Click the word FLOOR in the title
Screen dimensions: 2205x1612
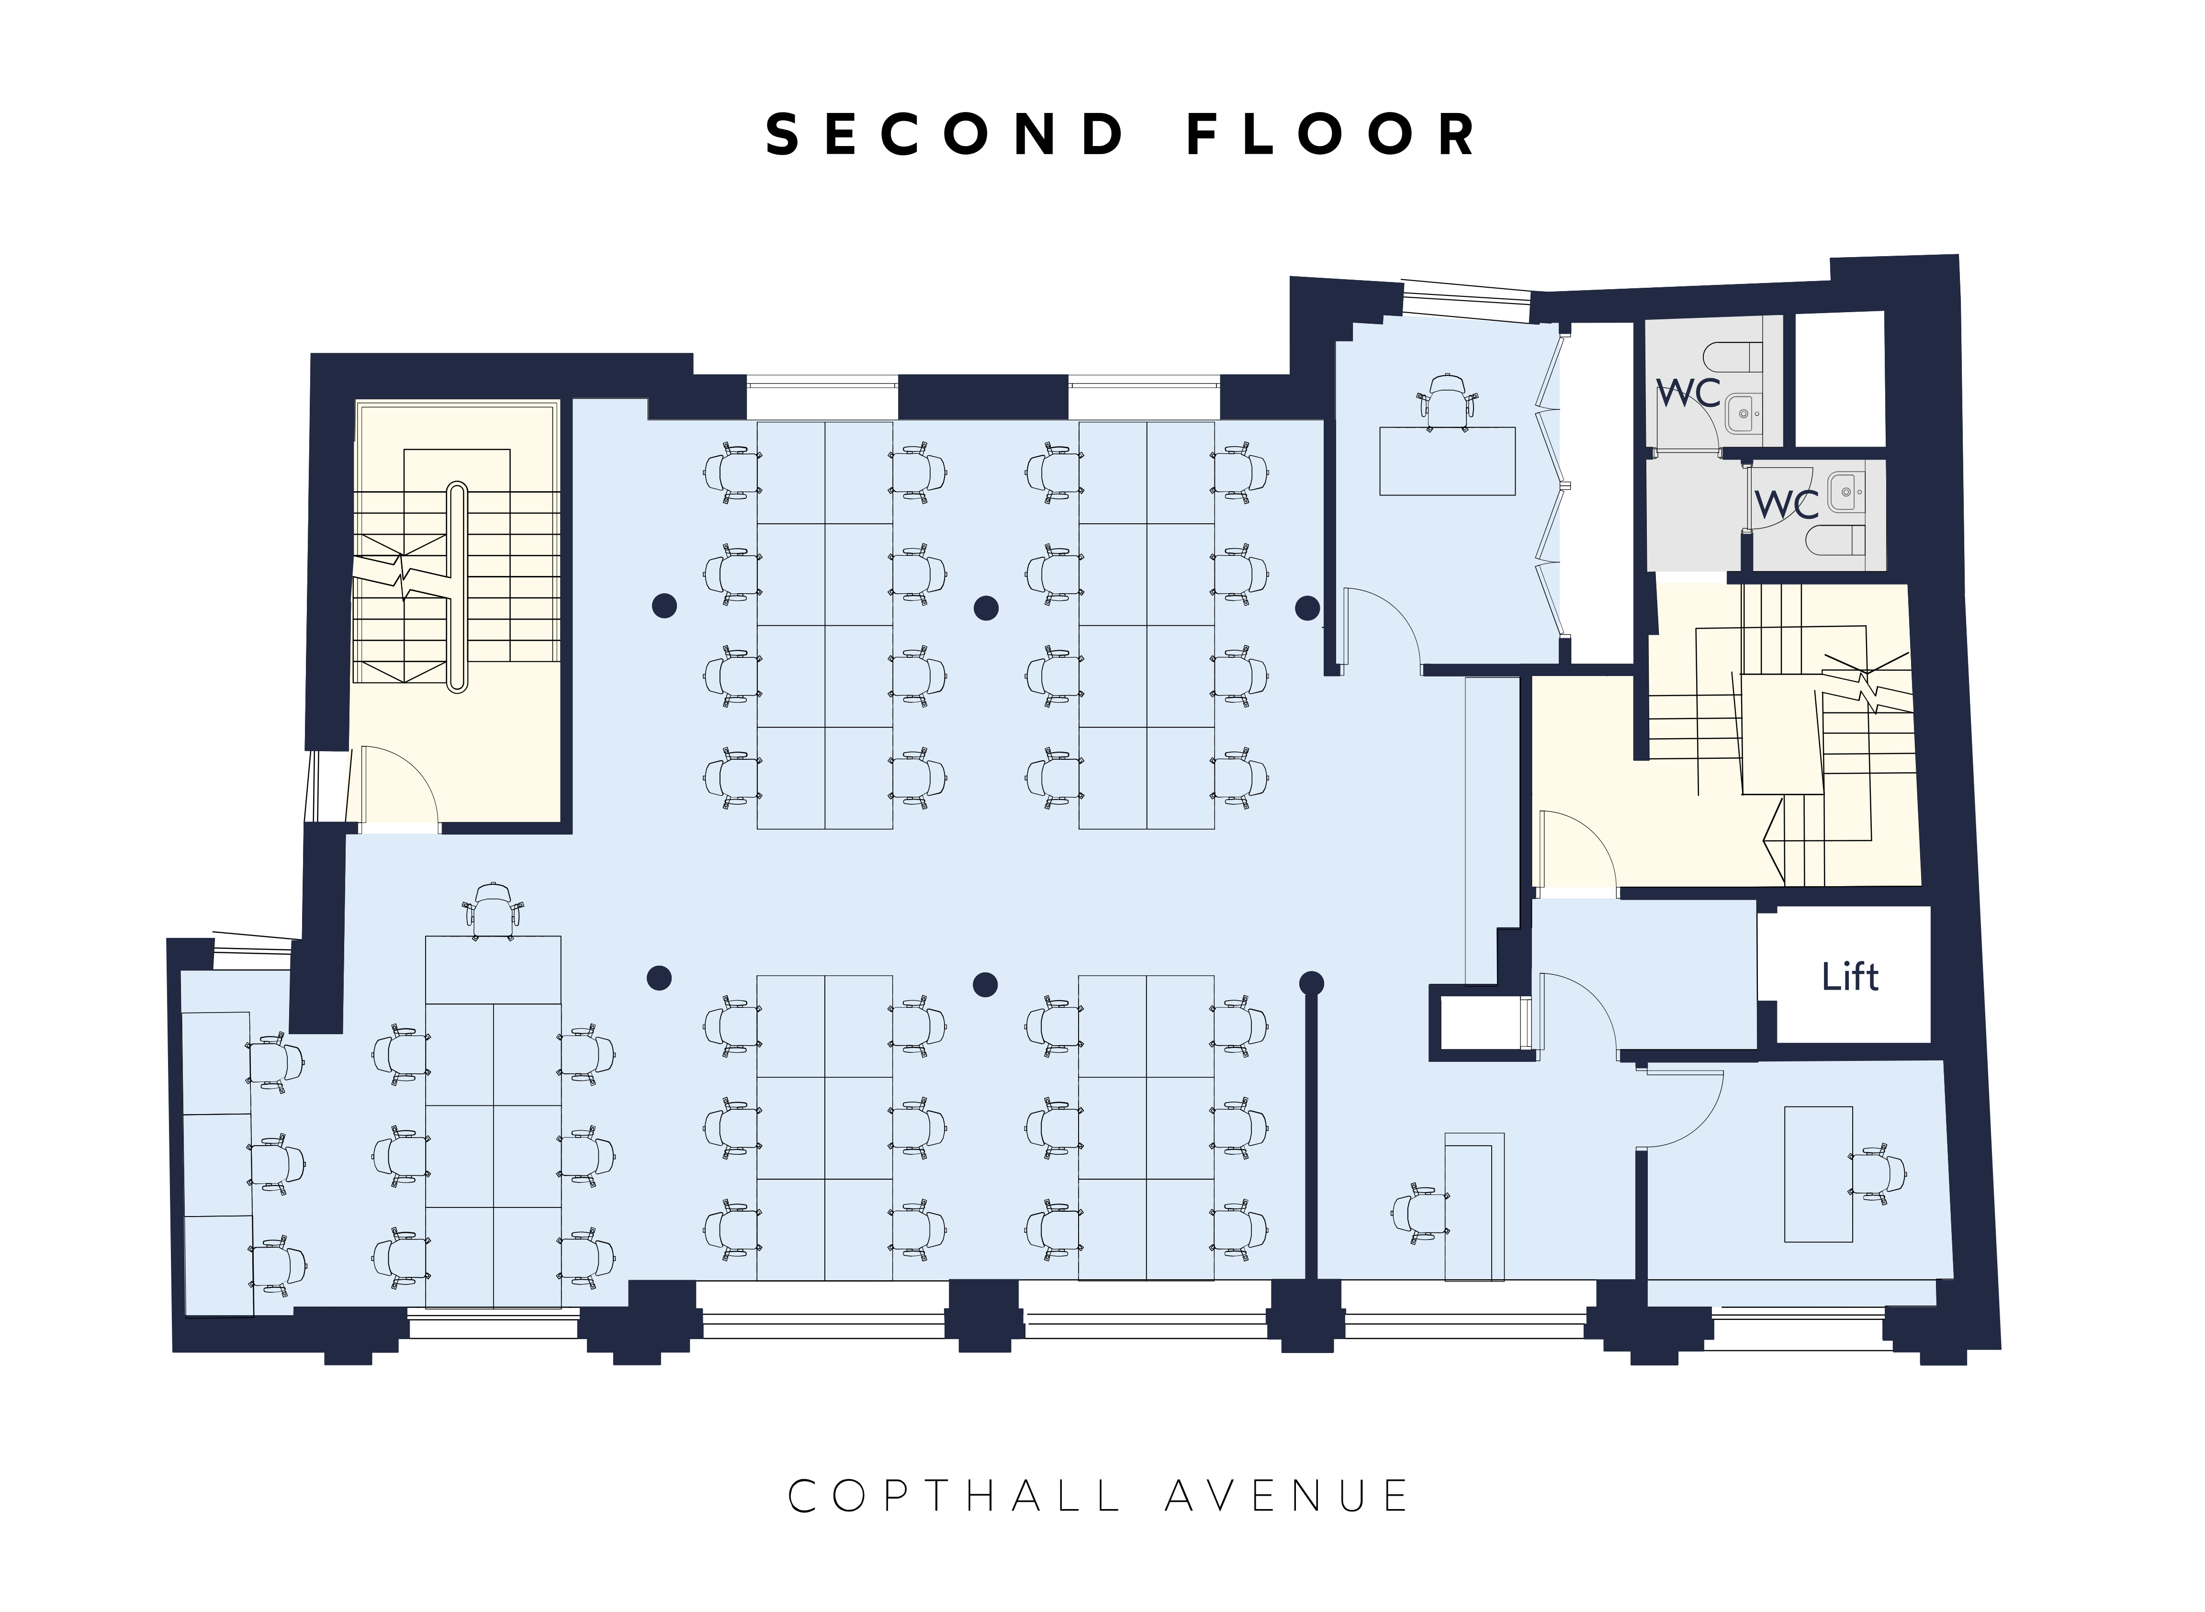pos(1331,135)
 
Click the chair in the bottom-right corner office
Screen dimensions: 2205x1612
pos(1878,1174)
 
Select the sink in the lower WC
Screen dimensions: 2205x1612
pos(1844,493)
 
